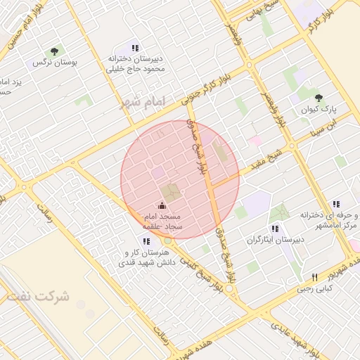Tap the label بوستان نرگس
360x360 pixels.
55,63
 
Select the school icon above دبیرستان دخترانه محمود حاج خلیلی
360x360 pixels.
136,47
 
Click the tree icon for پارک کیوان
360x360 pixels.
319,98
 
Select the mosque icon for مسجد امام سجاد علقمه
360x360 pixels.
163,205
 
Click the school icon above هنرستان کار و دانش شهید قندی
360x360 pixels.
147,240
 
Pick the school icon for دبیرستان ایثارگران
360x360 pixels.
275,228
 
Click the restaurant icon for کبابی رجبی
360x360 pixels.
315,276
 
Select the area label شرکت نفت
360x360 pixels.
39,296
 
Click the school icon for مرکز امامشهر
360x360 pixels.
336,204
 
